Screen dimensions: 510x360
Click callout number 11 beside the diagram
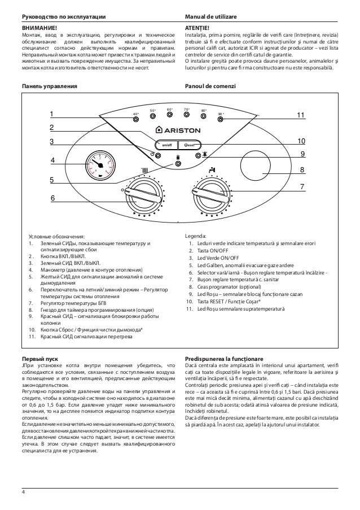click(301, 115)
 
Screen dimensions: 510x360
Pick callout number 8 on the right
click(302, 169)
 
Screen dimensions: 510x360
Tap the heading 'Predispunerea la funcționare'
click(223, 359)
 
